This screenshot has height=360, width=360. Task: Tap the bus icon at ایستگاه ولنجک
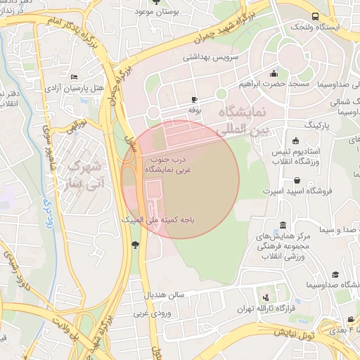316,16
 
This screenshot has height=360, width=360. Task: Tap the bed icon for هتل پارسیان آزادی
75,77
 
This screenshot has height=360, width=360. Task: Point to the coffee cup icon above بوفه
194,100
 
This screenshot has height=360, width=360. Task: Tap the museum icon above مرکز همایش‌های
283,225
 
